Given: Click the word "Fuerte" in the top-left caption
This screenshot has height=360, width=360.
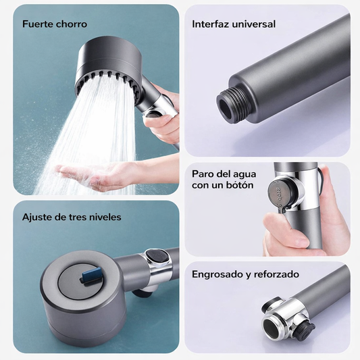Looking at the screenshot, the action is coord(36,24).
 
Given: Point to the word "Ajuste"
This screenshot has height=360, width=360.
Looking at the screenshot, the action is coord(37,217).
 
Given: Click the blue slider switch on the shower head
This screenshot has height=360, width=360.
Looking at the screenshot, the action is coord(93,276).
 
